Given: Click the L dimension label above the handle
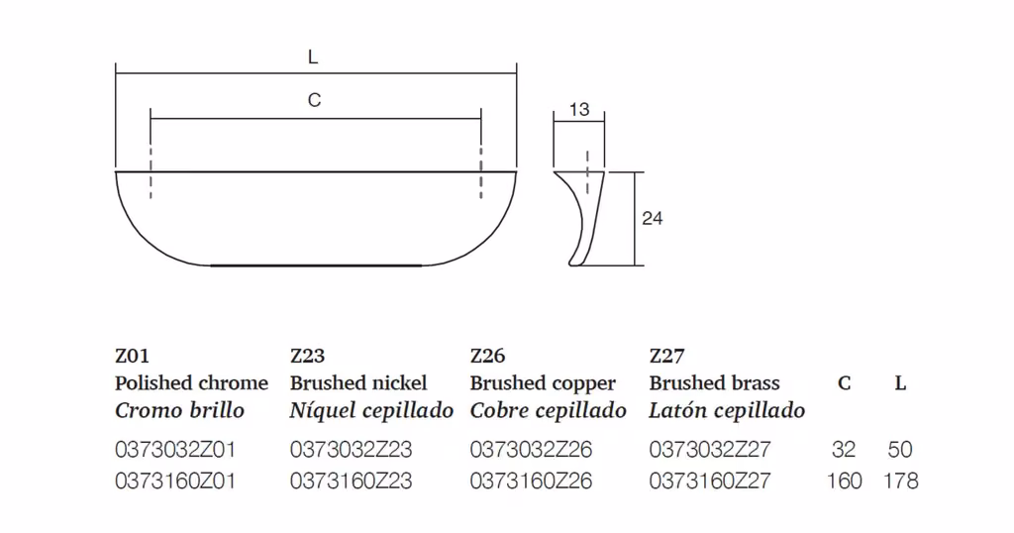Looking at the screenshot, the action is [313, 56].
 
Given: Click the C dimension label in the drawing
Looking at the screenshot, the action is [314, 100].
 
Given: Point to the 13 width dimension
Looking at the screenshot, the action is [579, 109].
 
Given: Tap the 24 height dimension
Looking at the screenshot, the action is [652, 219].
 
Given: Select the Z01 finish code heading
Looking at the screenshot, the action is [132, 356].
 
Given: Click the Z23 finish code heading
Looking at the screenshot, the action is [307, 356].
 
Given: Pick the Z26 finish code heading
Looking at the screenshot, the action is [487, 356].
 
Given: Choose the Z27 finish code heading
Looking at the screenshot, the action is [666, 356].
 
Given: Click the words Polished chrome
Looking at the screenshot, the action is [191, 383].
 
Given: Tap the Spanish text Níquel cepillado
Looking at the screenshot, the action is [371, 411].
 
